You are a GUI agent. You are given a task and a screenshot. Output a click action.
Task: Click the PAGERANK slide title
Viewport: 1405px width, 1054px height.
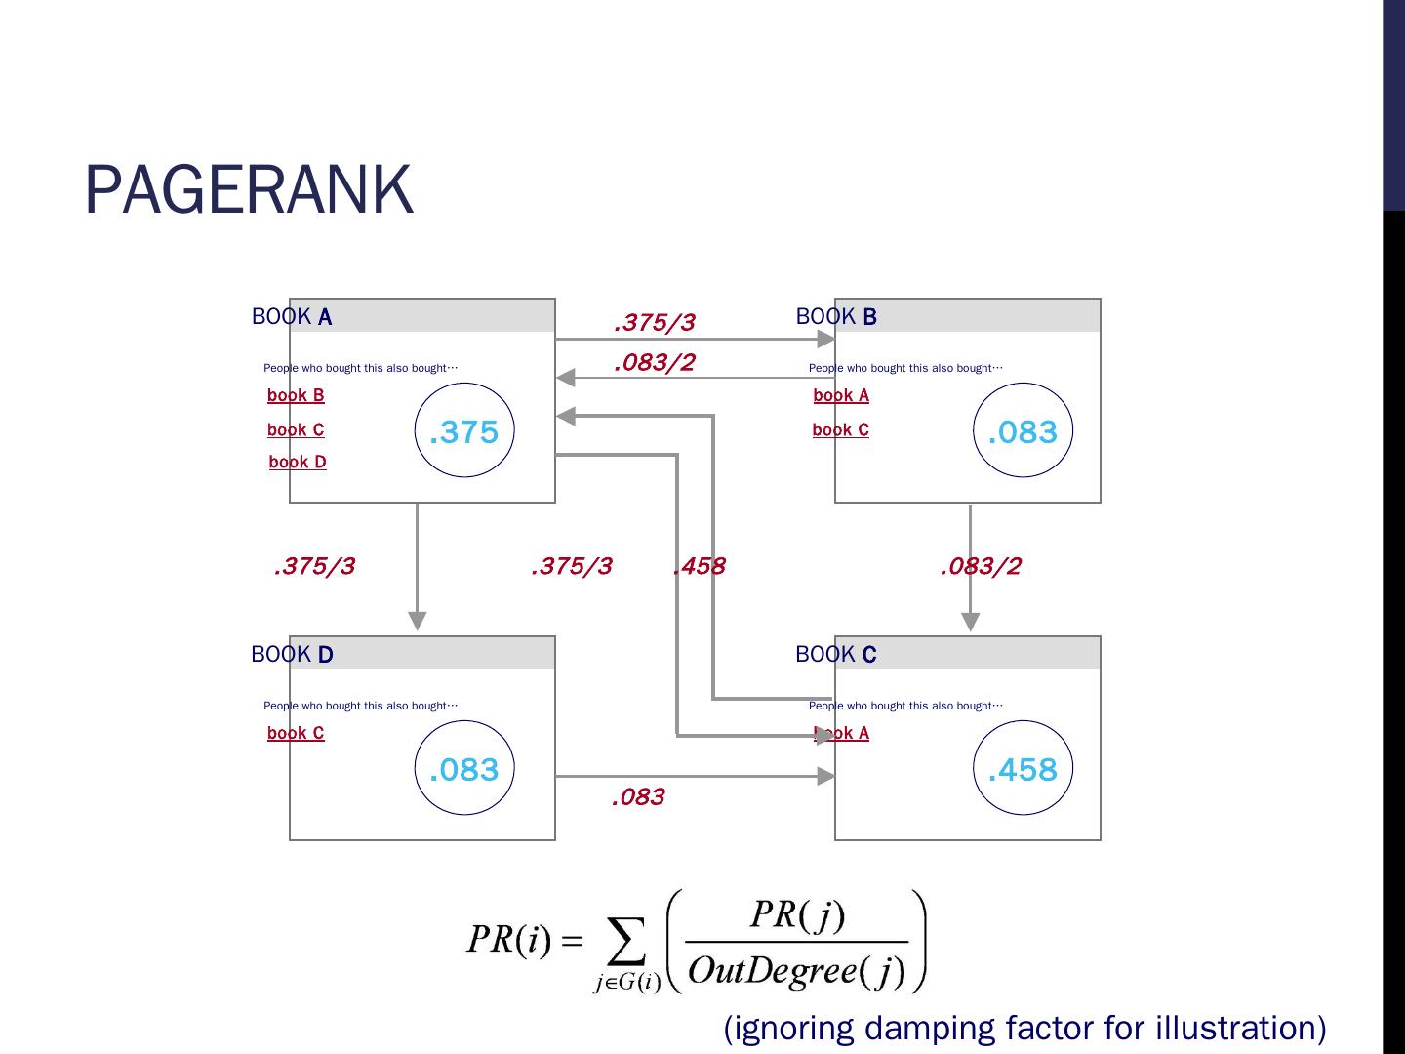point(249,189)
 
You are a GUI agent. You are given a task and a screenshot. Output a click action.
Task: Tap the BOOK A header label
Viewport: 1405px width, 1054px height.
point(292,317)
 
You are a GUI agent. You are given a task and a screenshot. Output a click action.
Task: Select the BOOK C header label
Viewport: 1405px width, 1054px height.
point(836,654)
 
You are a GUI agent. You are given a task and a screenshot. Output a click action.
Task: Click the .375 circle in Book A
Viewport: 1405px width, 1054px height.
point(464,383)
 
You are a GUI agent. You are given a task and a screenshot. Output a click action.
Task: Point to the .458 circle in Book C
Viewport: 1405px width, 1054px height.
point(1023,721)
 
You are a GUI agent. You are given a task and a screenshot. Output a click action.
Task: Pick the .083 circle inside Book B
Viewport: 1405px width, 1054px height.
point(1023,384)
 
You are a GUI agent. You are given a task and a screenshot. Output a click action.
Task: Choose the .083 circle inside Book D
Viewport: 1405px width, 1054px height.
point(464,721)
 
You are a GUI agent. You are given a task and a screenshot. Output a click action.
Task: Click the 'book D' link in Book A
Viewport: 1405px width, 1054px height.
point(298,462)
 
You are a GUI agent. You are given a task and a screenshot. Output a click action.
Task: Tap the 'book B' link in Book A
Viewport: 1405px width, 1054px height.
point(296,395)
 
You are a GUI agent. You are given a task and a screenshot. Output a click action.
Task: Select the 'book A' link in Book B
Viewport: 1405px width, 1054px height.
point(841,395)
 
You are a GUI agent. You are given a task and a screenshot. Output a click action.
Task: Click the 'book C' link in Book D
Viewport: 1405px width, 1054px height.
point(296,733)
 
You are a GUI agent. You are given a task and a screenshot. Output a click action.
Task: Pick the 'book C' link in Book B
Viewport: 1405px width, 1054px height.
point(840,430)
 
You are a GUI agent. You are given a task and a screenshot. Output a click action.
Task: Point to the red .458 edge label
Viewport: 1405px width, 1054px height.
point(700,566)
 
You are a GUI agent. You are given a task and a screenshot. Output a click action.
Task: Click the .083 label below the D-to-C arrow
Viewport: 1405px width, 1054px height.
point(638,796)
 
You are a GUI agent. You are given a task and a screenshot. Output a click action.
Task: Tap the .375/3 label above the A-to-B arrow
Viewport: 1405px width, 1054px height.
point(655,322)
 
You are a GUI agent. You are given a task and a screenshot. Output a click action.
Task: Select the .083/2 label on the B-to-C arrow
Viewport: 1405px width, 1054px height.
point(981,566)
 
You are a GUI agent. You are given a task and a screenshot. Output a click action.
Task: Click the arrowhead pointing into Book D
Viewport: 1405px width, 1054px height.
point(418,621)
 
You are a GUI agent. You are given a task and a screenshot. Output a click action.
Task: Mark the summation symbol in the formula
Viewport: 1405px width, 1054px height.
point(626,940)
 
